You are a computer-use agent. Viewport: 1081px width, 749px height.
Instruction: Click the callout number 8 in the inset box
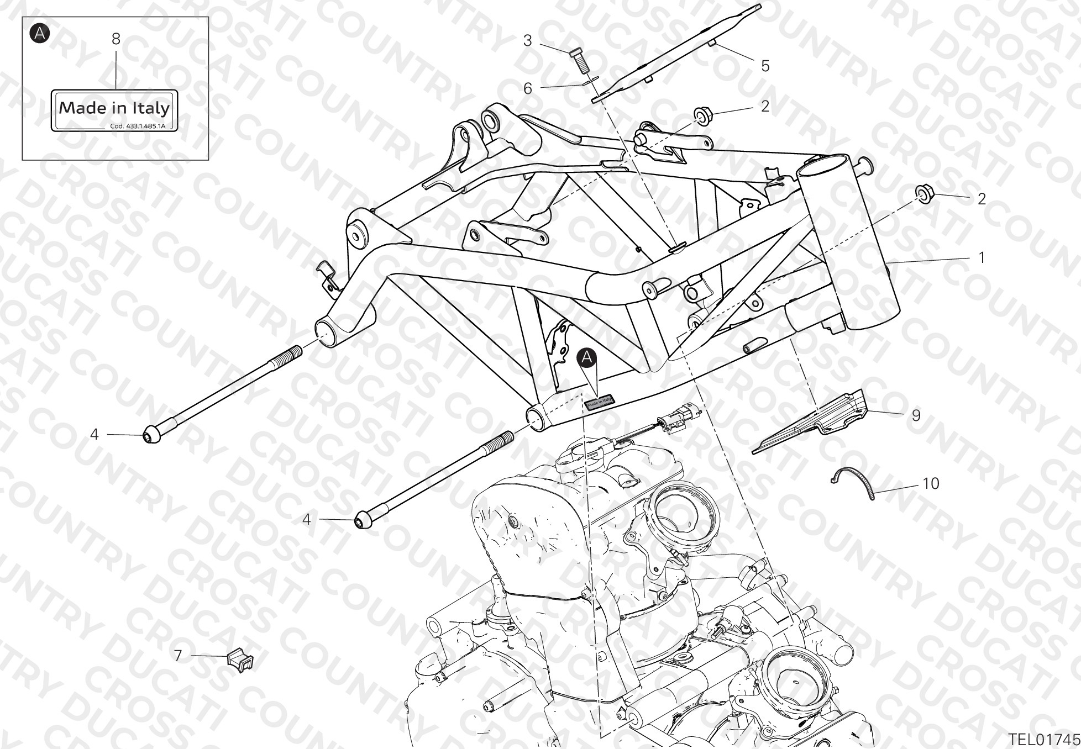(x=116, y=39)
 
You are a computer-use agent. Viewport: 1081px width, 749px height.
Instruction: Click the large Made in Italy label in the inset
(x=115, y=110)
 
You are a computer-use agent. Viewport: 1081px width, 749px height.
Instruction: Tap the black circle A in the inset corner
(x=40, y=33)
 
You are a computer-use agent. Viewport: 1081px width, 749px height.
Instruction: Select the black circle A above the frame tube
(x=587, y=358)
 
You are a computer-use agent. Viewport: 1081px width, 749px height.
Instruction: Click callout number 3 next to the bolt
(x=528, y=40)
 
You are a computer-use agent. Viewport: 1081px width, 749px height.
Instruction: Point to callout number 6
(x=528, y=88)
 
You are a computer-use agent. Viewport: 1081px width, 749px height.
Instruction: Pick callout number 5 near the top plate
(x=765, y=66)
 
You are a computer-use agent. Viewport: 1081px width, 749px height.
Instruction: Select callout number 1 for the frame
(x=982, y=257)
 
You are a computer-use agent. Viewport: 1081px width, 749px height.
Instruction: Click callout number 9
(x=916, y=415)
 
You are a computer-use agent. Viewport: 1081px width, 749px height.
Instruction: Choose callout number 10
(x=931, y=483)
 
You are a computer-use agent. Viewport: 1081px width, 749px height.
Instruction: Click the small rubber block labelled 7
(x=239, y=659)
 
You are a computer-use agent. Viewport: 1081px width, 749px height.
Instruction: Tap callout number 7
(x=177, y=656)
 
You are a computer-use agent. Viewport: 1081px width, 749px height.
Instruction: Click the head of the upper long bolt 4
(x=151, y=435)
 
